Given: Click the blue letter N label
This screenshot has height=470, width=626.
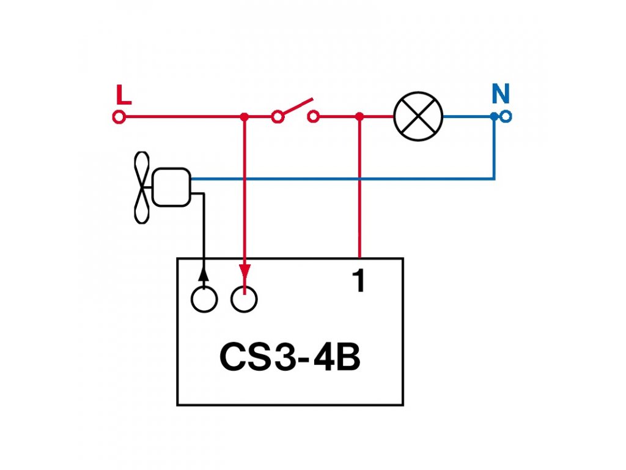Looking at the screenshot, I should tap(501, 94).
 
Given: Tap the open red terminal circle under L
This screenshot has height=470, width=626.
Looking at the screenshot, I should tap(119, 116).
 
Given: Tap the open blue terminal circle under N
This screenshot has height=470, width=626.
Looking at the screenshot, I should tap(506, 116).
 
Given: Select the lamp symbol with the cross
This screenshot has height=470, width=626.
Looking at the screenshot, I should tap(418, 116).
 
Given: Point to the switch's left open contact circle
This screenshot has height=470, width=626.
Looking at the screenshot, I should tap(278, 116).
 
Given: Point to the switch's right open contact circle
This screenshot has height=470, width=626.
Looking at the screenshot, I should tap(314, 116).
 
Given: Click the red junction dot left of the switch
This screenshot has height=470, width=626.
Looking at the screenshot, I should tap(245, 116).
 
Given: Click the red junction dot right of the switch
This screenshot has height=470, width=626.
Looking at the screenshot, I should tap(359, 116).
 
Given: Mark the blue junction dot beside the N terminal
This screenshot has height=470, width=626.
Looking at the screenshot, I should tap(494, 116).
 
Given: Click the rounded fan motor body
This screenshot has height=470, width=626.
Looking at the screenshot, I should tap(171, 187).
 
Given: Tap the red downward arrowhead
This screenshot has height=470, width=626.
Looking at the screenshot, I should tap(245, 271).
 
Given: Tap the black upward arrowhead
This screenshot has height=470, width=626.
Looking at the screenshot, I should tap(203, 274).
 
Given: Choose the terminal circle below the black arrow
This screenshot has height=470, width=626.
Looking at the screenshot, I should tap(204, 299).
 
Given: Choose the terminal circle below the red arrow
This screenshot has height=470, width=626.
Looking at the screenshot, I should tap(244, 299).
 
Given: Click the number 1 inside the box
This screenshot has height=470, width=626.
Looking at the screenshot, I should tap(358, 281).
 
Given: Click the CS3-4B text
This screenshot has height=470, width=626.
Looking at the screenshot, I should tap(290, 359).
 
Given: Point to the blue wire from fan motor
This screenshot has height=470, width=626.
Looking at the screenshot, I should tap(342, 179).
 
